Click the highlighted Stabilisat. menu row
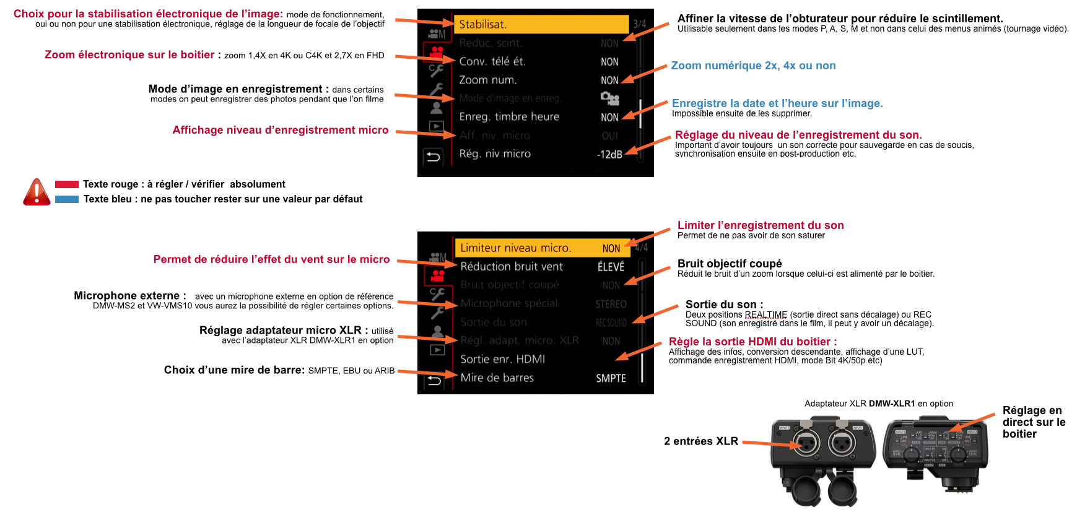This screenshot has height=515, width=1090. click(542, 24)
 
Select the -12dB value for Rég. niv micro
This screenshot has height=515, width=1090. click(609, 154)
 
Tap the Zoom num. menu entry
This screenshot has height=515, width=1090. click(488, 80)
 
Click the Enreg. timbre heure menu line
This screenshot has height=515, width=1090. click(509, 116)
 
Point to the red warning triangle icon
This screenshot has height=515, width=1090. click(37, 193)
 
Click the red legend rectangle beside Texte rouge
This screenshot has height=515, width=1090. click(67, 184)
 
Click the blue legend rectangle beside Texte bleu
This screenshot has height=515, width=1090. click(67, 199)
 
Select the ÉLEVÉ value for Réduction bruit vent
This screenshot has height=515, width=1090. click(611, 267)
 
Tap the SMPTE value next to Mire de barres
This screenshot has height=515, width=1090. click(611, 378)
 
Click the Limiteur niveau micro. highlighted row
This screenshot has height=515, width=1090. click(515, 248)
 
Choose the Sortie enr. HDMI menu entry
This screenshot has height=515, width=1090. click(503, 359)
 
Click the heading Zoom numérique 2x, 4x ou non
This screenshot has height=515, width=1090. click(753, 66)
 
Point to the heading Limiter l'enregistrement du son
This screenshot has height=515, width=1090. click(761, 225)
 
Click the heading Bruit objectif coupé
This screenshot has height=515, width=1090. click(730, 264)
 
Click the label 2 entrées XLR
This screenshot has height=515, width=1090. click(700, 441)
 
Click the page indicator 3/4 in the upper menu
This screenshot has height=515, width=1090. click(639, 24)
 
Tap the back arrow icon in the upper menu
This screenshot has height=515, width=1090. click(434, 157)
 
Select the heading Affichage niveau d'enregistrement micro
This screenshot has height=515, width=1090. click(281, 130)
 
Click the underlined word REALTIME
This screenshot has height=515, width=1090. click(765, 314)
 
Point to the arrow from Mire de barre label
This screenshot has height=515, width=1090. click(427, 373)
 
